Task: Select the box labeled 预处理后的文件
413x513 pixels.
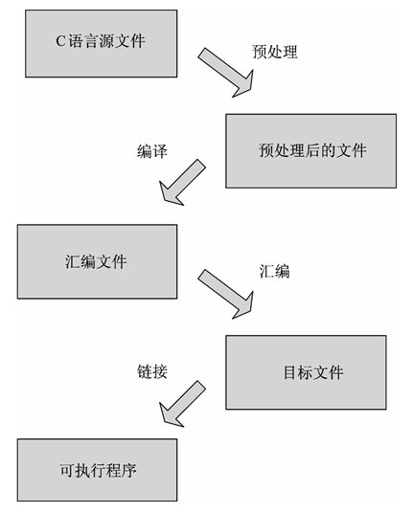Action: point(310,150)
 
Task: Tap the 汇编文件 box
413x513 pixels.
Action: point(97,260)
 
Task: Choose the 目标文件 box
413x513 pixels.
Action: point(306,372)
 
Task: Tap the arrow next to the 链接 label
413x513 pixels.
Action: point(182,402)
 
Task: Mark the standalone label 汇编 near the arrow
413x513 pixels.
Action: point(274,271)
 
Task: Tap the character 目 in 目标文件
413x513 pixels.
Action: point(290,373)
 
